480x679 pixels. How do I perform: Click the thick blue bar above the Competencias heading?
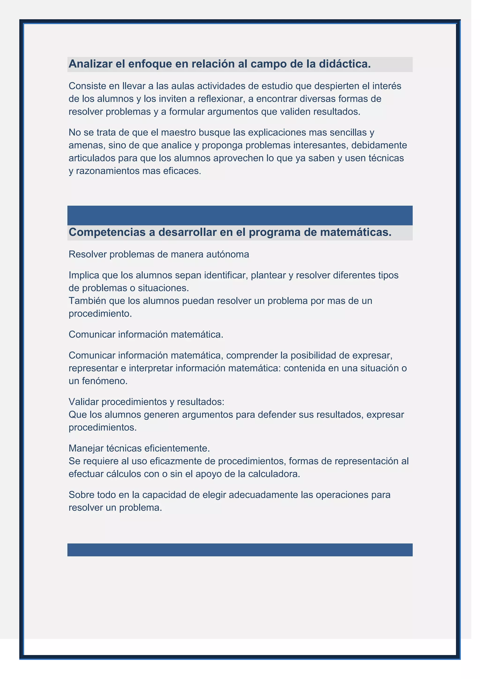pyautogui.click(x=240, y=215)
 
